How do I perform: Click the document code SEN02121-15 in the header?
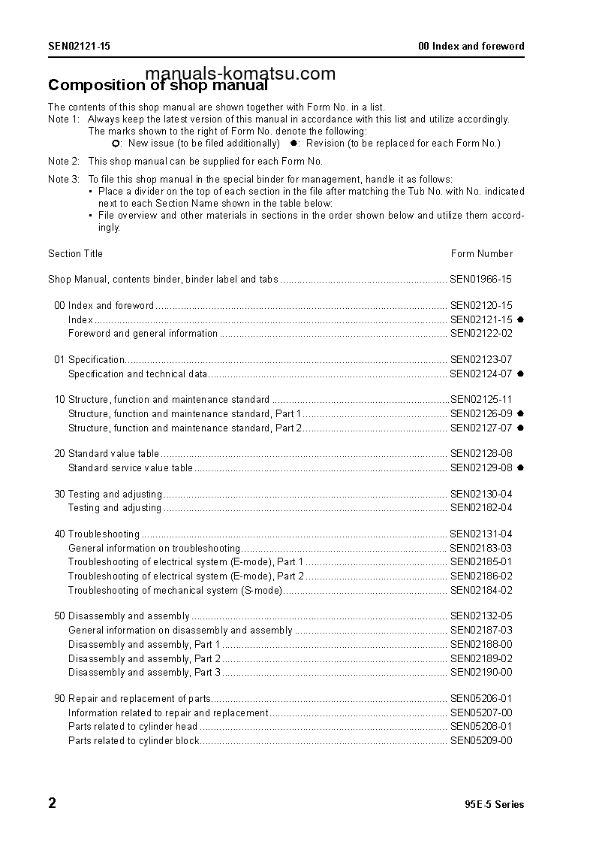pos(79,47)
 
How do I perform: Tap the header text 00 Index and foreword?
pos(471,47)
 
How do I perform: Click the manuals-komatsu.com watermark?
pos(240,74)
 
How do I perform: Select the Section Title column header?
pos(76,254)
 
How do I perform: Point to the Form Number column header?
pos(482,254)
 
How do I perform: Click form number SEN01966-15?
pos(481,280)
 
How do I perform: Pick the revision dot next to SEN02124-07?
pos(520,374)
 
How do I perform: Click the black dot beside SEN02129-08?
pos(520,467)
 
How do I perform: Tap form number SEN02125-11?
pos(481,400)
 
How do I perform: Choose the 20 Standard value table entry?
pos(107,454)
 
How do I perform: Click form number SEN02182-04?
pos(481,508)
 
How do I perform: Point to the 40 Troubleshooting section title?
pos(97,534)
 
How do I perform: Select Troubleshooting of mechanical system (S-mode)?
pos(175,591)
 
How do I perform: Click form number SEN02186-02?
pos(481,576)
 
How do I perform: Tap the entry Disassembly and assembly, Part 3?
pos(144,673)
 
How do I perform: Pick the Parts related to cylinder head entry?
pos(133,727)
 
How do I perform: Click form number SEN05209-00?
pos(481,741)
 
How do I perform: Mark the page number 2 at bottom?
pos(53,803)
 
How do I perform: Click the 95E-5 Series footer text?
pos(495,805)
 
